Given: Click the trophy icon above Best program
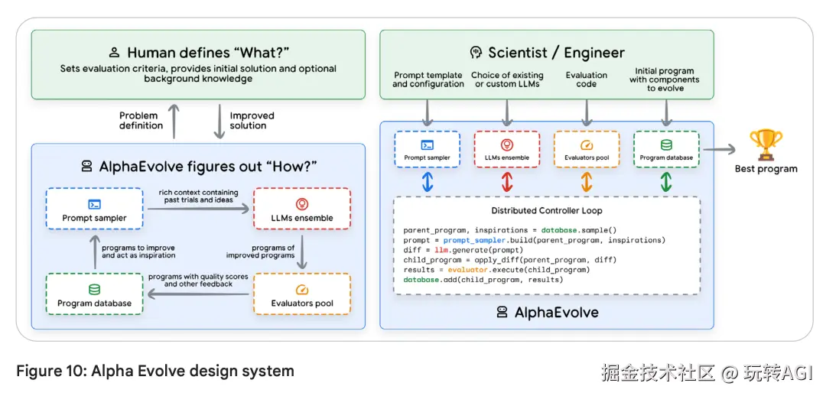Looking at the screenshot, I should click(766, 144).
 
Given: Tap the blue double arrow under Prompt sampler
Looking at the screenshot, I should click(428, 181).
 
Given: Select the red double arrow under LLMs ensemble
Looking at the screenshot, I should click(507, 181).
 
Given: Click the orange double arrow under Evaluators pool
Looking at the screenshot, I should click(587, 181).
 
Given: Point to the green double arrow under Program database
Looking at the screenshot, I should click(666, 181).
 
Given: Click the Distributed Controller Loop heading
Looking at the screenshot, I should click(546, 210).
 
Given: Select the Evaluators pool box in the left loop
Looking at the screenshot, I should click(301, 295).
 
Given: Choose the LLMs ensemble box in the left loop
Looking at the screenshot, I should click(301, 209).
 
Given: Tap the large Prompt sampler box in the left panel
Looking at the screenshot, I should click(95, 209).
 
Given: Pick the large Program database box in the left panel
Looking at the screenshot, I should click(95, 295).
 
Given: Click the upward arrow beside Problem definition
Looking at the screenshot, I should click(174, 121).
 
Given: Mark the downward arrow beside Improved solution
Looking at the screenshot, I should click(219, 121).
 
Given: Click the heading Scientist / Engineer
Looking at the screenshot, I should click(546, 53).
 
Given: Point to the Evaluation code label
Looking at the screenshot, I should click(587, 80).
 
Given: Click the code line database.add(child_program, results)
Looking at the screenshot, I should click(483, 280).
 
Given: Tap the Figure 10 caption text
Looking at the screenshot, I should click(155, 372).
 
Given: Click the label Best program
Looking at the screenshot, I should click(766, 169).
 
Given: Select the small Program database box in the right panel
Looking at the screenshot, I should click(666, 149).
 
